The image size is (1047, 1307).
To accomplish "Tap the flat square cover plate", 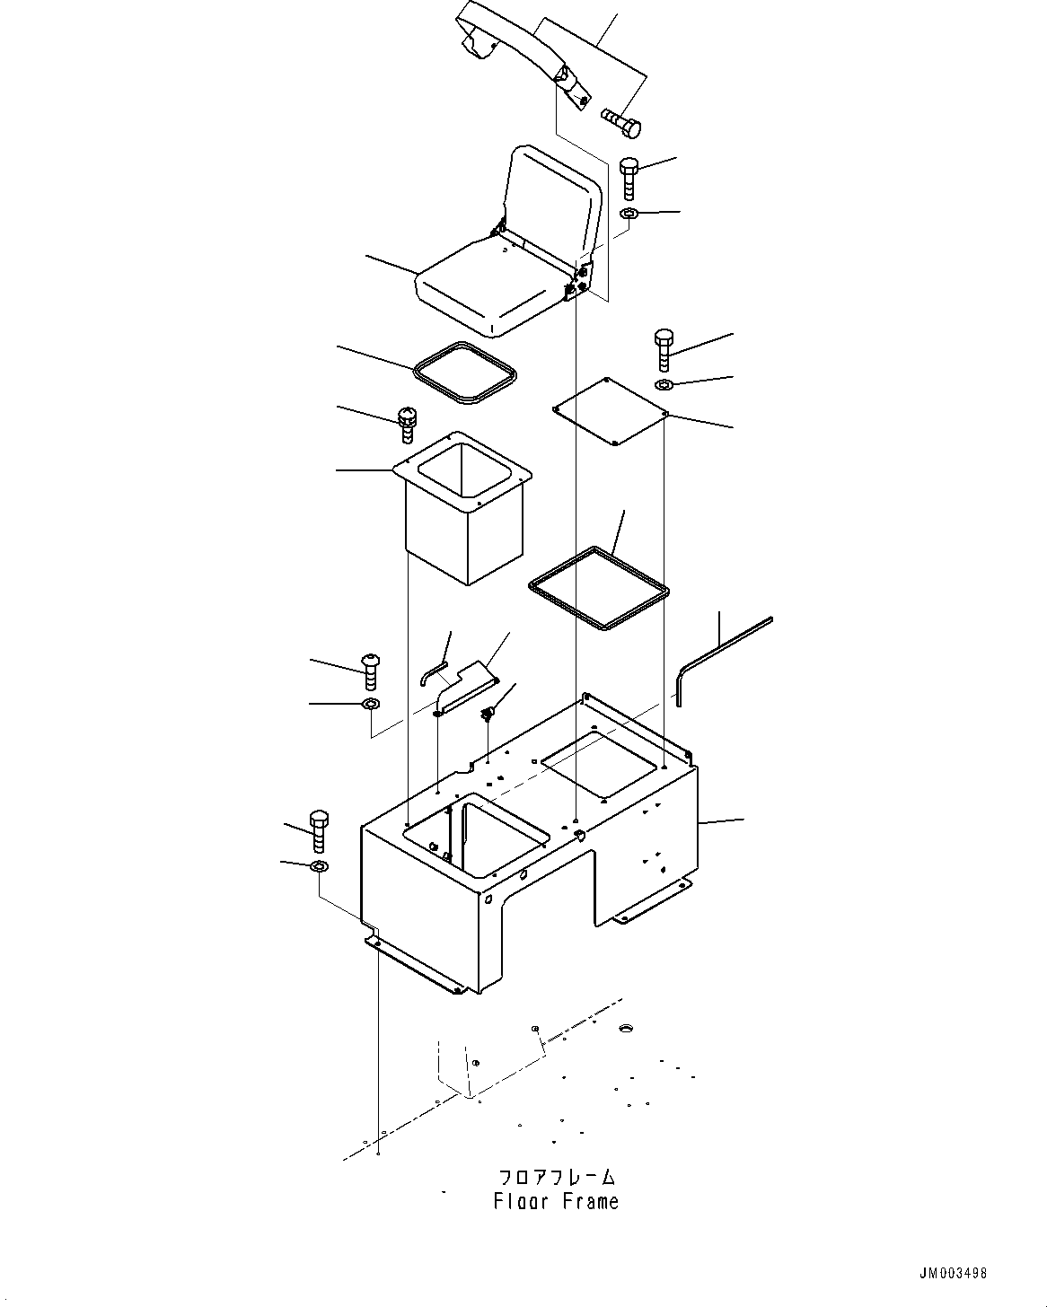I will point(611,410).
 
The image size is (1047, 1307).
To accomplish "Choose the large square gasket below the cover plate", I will point(598,588).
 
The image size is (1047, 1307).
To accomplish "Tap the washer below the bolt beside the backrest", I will point(629,214).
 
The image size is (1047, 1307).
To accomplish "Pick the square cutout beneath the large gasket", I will point(598,764).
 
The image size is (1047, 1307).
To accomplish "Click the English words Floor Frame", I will point(556,1201).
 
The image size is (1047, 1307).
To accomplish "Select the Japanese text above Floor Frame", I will point(557,1176).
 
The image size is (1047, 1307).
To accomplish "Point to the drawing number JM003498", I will point(952,1273).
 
